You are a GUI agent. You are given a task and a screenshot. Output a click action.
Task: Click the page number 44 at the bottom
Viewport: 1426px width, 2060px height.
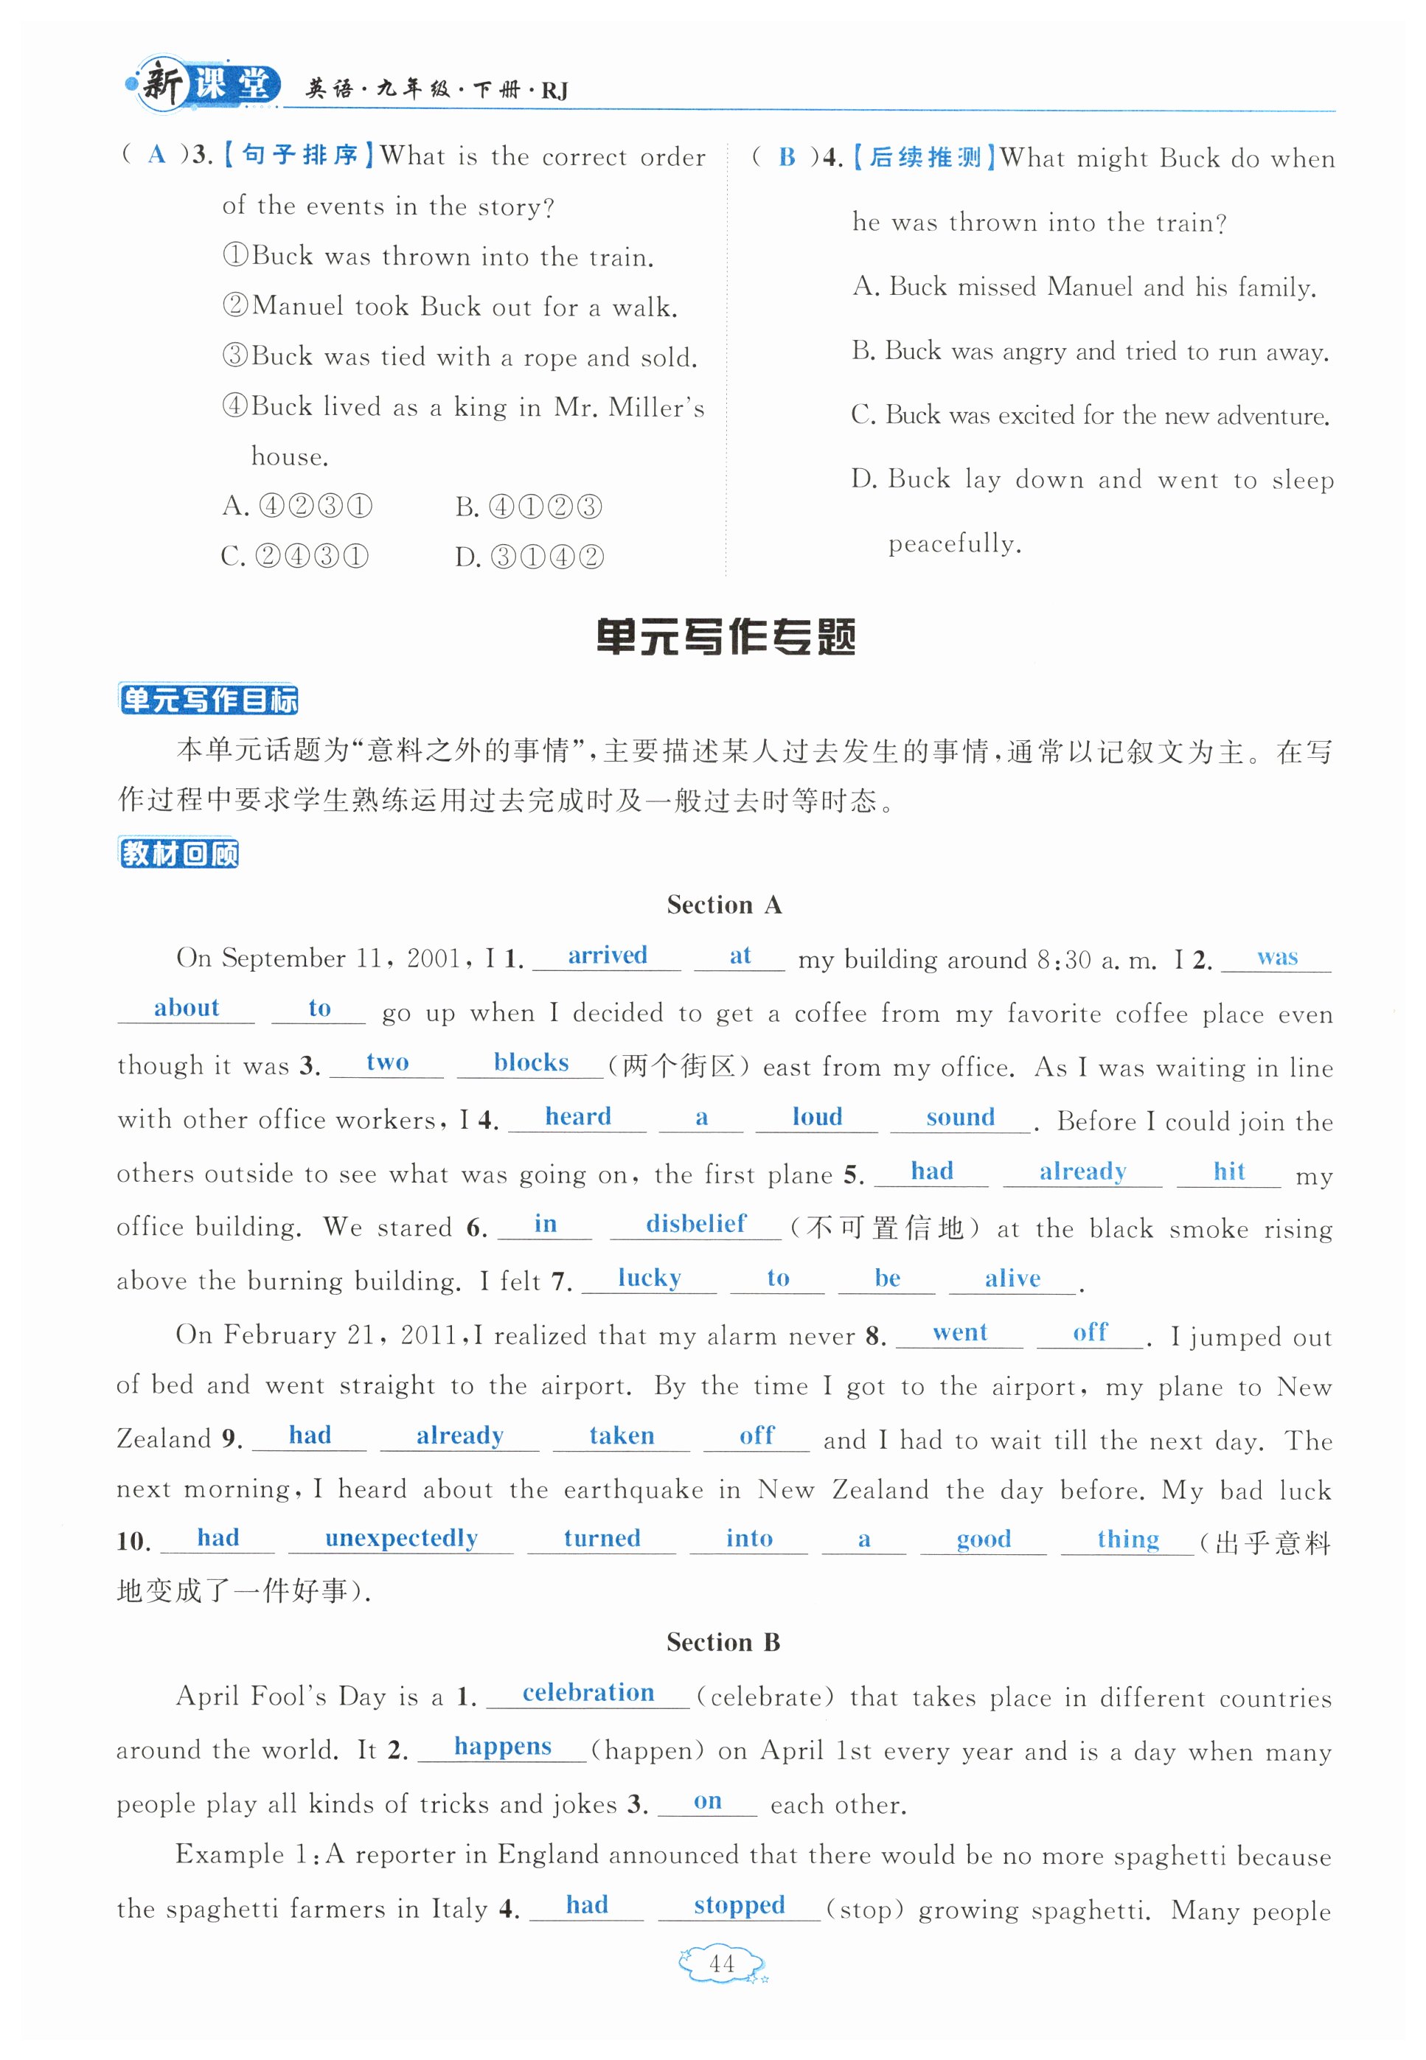[x=721, y=1963]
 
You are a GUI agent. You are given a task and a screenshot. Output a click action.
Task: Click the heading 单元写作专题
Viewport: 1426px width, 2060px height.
[x=725, y=637]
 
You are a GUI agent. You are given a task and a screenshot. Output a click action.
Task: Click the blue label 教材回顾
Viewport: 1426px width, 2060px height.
[x=178, y=853]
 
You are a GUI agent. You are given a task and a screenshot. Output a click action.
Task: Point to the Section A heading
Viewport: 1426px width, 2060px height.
[x=724, y=905]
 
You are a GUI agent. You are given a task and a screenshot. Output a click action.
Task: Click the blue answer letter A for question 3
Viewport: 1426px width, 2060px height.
[x=157, y=155]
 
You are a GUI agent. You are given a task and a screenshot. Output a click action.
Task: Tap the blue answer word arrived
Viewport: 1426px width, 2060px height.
[x=607, y=955]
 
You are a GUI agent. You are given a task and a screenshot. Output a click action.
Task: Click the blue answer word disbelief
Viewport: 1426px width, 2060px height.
[x=695, y=1223]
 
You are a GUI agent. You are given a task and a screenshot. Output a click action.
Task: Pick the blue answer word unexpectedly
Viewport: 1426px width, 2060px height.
[x=401, y=1537]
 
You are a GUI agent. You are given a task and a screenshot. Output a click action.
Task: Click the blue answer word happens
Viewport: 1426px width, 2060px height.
[x=502, y=1747]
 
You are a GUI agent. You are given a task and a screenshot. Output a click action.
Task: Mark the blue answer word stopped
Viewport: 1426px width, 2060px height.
[x=739, y=1905]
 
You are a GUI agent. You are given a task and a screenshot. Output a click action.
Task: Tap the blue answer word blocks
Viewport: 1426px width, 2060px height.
[x=531, y=1062]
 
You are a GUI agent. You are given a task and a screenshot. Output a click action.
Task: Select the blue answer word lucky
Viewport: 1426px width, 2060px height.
[x=649, y=1278]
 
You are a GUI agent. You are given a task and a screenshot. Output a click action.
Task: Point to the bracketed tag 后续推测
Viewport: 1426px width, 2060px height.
[x=924, y=157]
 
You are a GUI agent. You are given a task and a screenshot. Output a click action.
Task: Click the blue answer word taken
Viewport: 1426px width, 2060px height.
[x=621, y=1436]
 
